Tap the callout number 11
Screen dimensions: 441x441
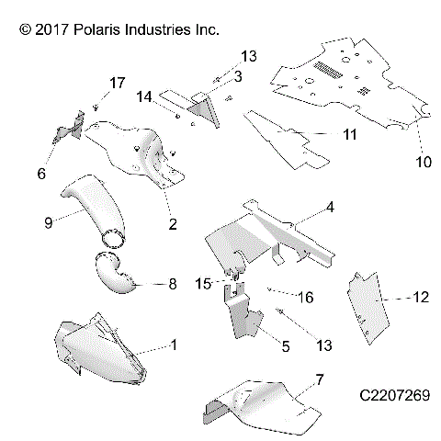tap(349, 135)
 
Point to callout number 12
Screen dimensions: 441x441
tap(422, 297)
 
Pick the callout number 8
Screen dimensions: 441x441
tap(171, 285)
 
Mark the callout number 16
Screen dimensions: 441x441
tap(306, 298)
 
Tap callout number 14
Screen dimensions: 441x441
tap(144, 96)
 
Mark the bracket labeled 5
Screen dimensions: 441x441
tap(244, 317)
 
